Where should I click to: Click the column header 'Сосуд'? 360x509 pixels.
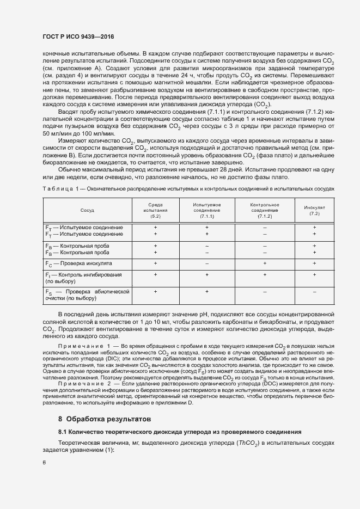click(87, 209)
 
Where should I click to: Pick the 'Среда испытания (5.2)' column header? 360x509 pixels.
click(155, 210)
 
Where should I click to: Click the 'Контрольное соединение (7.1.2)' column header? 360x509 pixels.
click(265, 210)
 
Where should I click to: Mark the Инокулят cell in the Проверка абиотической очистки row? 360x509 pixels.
click(314, 292)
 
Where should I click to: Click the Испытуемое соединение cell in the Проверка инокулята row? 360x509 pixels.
click(207, 263)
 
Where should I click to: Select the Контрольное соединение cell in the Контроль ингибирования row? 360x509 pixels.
click(265, 274)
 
